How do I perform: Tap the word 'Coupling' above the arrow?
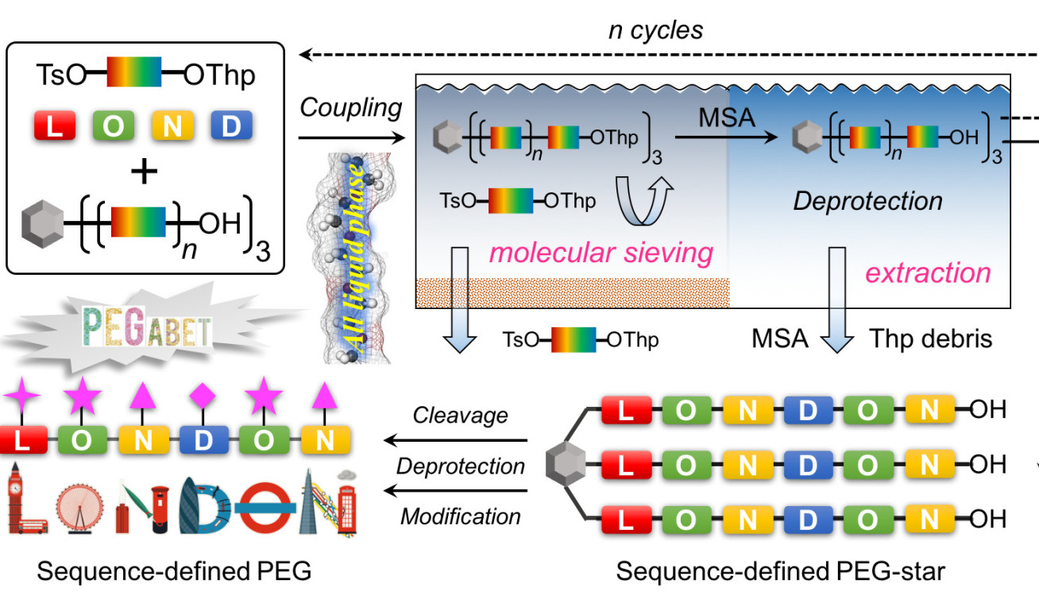[x=350, y=109]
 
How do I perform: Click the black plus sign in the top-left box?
[x=144, y=172]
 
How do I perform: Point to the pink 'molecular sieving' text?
[x=601, y=253]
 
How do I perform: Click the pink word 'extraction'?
[x=928, y=273]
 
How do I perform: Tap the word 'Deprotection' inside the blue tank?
[x=867, y=200]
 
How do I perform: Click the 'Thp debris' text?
[x=929, y=339]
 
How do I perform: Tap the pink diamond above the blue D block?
[x=203, y=392]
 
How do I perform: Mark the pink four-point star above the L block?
[x=21, y=393]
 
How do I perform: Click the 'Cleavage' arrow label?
[x=461, y=416]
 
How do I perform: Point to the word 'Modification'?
[x=461, y=516]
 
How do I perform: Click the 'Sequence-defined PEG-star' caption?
[x=781, y=570]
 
